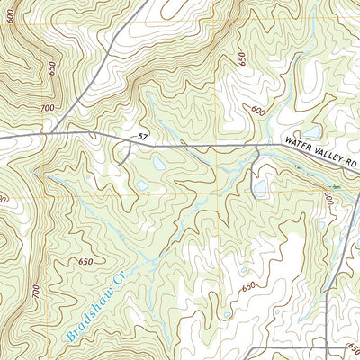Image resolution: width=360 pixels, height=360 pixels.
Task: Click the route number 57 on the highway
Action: click(142, 137)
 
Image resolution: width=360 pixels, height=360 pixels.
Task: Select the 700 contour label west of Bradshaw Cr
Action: click(36, 292)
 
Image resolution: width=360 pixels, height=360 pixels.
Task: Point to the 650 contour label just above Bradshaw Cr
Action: click(85, 261)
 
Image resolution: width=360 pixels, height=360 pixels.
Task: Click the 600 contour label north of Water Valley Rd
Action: click(259, 111)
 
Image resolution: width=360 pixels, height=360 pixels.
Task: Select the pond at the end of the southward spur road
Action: click(260, 187)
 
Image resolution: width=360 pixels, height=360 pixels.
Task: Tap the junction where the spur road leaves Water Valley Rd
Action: click(259, 148)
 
